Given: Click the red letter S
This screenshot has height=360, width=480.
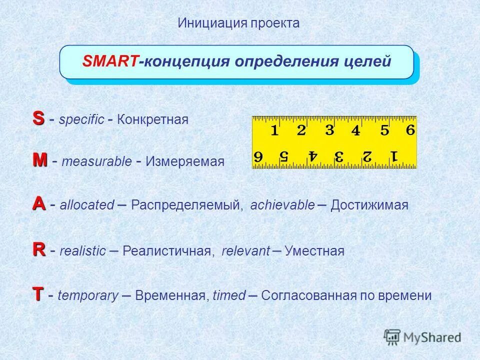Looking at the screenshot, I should point(38,118).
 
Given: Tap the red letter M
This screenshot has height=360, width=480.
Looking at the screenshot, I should point(40,160).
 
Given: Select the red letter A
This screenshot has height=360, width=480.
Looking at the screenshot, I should point(39,204).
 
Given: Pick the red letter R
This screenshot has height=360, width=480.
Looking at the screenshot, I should point(38,249).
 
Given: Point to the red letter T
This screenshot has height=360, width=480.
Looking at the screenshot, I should point(38,294).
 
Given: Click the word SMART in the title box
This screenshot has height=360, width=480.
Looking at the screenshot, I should point(110,62).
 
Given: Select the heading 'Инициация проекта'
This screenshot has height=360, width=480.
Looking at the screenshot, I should point(238,23).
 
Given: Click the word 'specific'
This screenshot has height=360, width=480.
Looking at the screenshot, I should point(81,120).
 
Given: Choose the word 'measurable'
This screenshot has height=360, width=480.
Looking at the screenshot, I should point(96,162).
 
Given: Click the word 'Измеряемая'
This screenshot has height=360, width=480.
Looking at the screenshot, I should point(185,162).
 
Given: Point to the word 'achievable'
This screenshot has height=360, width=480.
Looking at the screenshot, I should point(282,205).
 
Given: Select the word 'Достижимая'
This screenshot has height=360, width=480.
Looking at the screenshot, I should point(369,205).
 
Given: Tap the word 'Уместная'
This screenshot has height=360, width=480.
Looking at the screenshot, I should point(314,251).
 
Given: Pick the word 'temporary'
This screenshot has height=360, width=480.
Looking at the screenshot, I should point(88,296).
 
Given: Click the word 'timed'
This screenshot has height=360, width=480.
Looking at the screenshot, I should point(229,296).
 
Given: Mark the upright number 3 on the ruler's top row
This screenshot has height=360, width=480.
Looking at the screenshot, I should point(329,130).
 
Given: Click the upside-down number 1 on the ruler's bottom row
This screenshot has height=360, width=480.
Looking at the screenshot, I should point(394,155).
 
